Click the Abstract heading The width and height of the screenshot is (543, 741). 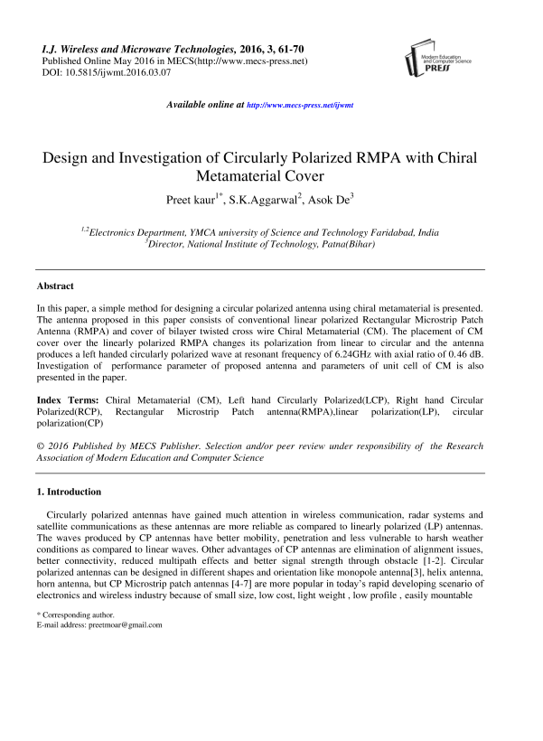[x=55, y=286]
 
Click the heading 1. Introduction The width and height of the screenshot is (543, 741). [x=69, y=492]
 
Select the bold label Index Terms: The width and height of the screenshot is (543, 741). [x=70, y=399]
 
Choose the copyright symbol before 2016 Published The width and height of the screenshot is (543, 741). [x=41, y=446]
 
